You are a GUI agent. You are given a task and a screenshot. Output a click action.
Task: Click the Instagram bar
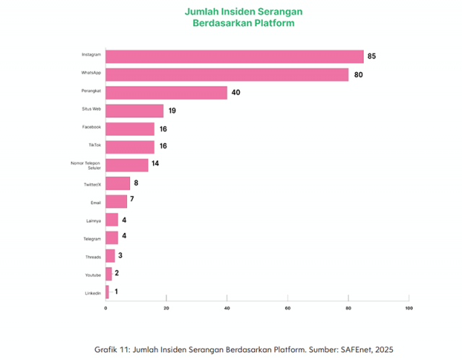235,56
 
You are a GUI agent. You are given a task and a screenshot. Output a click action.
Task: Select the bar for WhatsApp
227,74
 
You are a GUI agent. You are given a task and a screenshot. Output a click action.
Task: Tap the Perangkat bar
166,92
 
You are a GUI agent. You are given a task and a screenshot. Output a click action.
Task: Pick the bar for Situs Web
134,110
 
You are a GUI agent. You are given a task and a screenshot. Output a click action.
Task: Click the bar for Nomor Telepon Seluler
127,165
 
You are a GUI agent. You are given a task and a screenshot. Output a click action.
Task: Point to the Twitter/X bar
118,183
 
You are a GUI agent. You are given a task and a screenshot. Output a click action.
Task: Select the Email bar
116,201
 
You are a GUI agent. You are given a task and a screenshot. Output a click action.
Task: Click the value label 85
372,56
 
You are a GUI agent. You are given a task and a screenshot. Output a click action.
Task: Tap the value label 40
235,92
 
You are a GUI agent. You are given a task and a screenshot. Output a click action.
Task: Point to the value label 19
172,110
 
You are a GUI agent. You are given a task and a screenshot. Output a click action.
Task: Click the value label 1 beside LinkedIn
115,291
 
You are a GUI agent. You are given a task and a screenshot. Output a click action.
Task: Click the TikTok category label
95,144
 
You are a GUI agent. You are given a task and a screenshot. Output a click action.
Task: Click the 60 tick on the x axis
287,308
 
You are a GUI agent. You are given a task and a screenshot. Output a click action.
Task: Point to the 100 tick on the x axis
409,308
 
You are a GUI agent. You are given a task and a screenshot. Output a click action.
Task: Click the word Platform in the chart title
274,24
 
